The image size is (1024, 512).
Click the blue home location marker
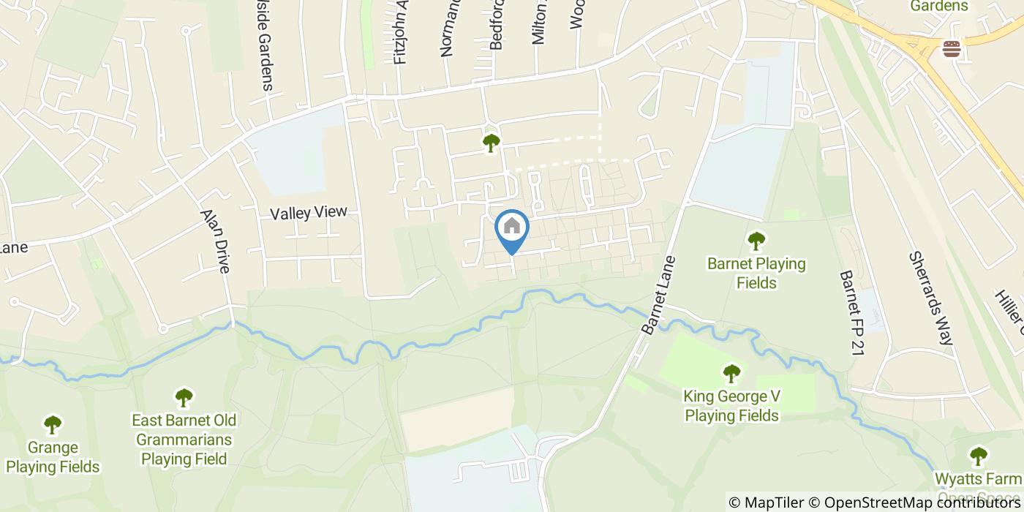click(x=512, y=227)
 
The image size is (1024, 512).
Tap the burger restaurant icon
click(x=952, y=49)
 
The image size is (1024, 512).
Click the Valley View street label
click(x=307, y=214)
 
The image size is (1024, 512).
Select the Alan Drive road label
click(x=215, y=241)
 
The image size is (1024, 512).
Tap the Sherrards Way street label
click(x=931, y=298)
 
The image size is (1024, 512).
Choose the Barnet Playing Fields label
click(x=756, y=273)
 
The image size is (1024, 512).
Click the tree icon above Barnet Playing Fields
click(x=756, y=240)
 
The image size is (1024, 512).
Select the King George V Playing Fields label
click(x=731, y=406)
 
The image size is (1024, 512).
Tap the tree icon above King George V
click(x=731, y=374)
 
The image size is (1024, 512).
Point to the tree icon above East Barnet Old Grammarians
click(x=184, y=398)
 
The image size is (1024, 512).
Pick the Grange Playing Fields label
click(x=53, y=457)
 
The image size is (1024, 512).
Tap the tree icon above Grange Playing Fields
click(x=53, y=424)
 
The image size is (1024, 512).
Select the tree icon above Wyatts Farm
click(x=979, y=456)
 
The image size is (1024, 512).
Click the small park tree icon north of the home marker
click(x=490, y=143)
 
